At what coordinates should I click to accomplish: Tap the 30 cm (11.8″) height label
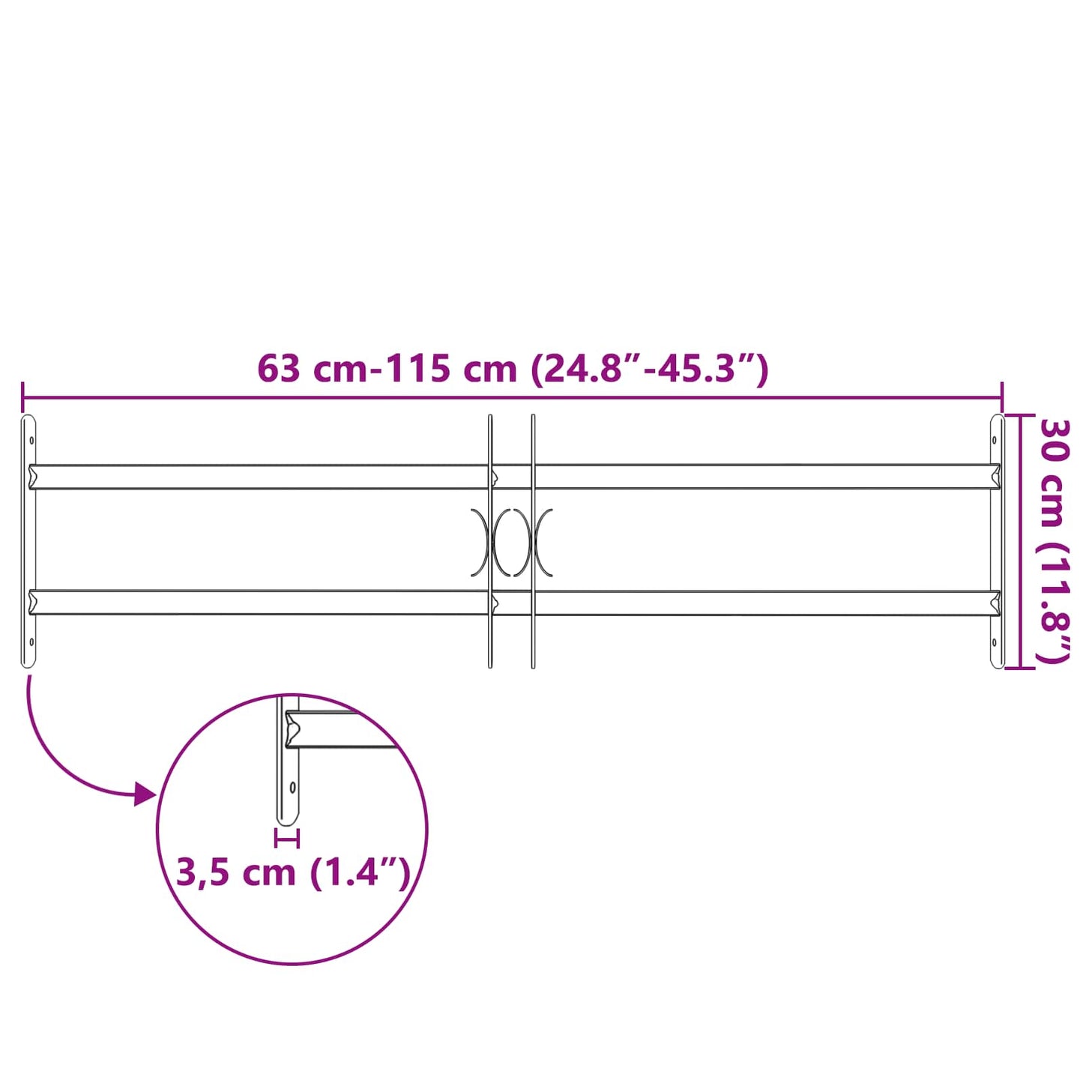coord(1055,541)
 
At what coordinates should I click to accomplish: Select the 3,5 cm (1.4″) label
coord(293,872)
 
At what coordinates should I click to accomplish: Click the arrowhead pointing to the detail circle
coord(145,794)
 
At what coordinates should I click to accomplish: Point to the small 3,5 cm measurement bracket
coord(287,838)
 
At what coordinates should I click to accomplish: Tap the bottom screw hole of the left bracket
coord(31,642)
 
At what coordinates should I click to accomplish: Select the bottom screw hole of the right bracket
coord(995,642)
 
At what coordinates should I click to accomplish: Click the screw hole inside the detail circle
coord(292,788)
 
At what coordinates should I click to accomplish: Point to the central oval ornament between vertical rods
coord(512,543)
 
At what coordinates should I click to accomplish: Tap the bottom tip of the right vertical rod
coord(533,666)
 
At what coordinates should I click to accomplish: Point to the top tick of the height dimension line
coord(1019,416)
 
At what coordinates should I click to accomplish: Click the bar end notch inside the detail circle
coord(292,729)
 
